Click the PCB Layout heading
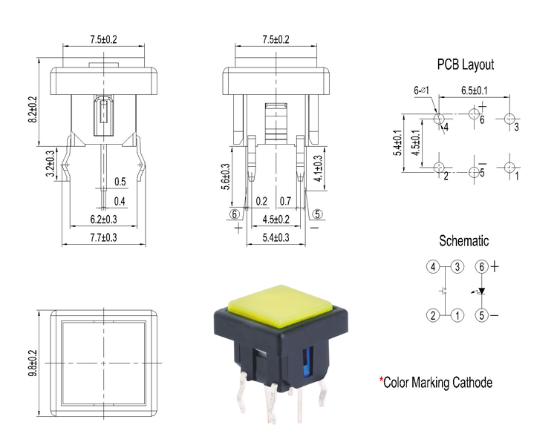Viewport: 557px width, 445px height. coord(465,65)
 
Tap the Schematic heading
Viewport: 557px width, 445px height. coord(464,240)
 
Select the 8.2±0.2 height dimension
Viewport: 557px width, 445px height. coord(32,108)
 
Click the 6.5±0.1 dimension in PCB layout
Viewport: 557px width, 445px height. coord(474,90)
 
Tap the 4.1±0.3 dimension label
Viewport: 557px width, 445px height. coord(318,168)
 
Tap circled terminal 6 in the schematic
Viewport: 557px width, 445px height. coord(481,266)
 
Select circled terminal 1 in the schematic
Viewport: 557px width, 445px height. coord(458,315)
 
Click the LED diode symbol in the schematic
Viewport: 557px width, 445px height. coord(481,291)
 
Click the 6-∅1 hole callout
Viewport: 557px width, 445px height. coord(421,90)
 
